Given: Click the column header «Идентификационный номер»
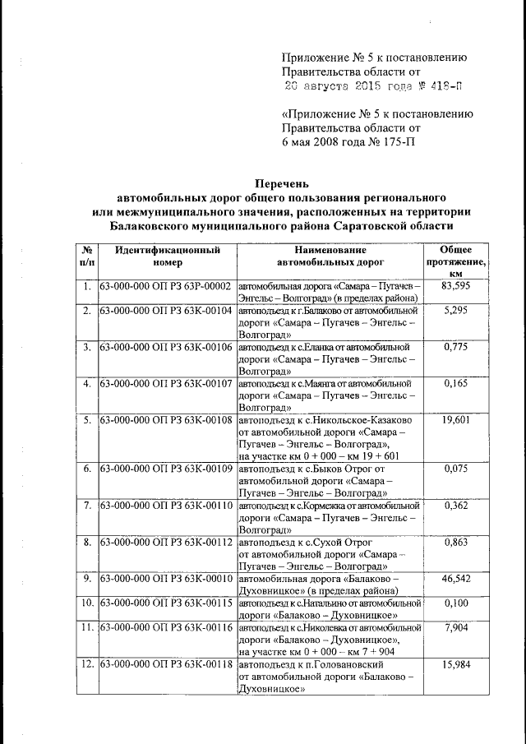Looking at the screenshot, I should click(x=167, y=256).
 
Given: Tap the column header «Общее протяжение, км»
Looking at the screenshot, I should click(x=455, y=261).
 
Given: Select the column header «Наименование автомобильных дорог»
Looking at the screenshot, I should click(x=331, y=256).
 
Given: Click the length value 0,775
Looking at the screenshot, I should click(x=455, y=348).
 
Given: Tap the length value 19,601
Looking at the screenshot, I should click(x=455, y=420).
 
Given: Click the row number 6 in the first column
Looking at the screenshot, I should click(x=86, y=469).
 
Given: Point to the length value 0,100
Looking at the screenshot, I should click(x=455, y=603).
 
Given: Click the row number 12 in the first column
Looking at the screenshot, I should click(x=86, y=663).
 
